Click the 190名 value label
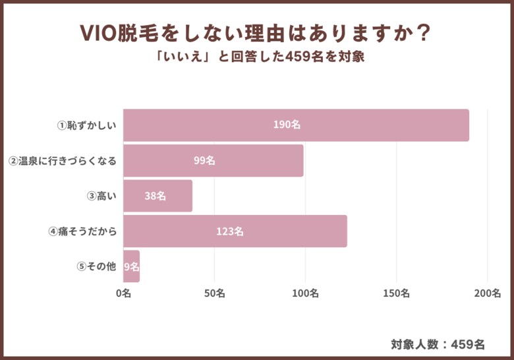[287, 125]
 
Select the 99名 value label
[205, 160]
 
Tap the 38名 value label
[155, 196]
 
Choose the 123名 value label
[230, 231]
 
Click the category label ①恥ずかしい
[86, 125]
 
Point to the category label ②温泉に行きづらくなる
[63, 160]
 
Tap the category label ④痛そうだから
[82, 231]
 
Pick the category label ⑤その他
[96, 266]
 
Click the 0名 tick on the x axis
[123, 293]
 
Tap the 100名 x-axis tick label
[305, 293]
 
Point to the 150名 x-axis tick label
[396, 293]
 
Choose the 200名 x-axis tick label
[487, 293]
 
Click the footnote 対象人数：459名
[438, 344]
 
